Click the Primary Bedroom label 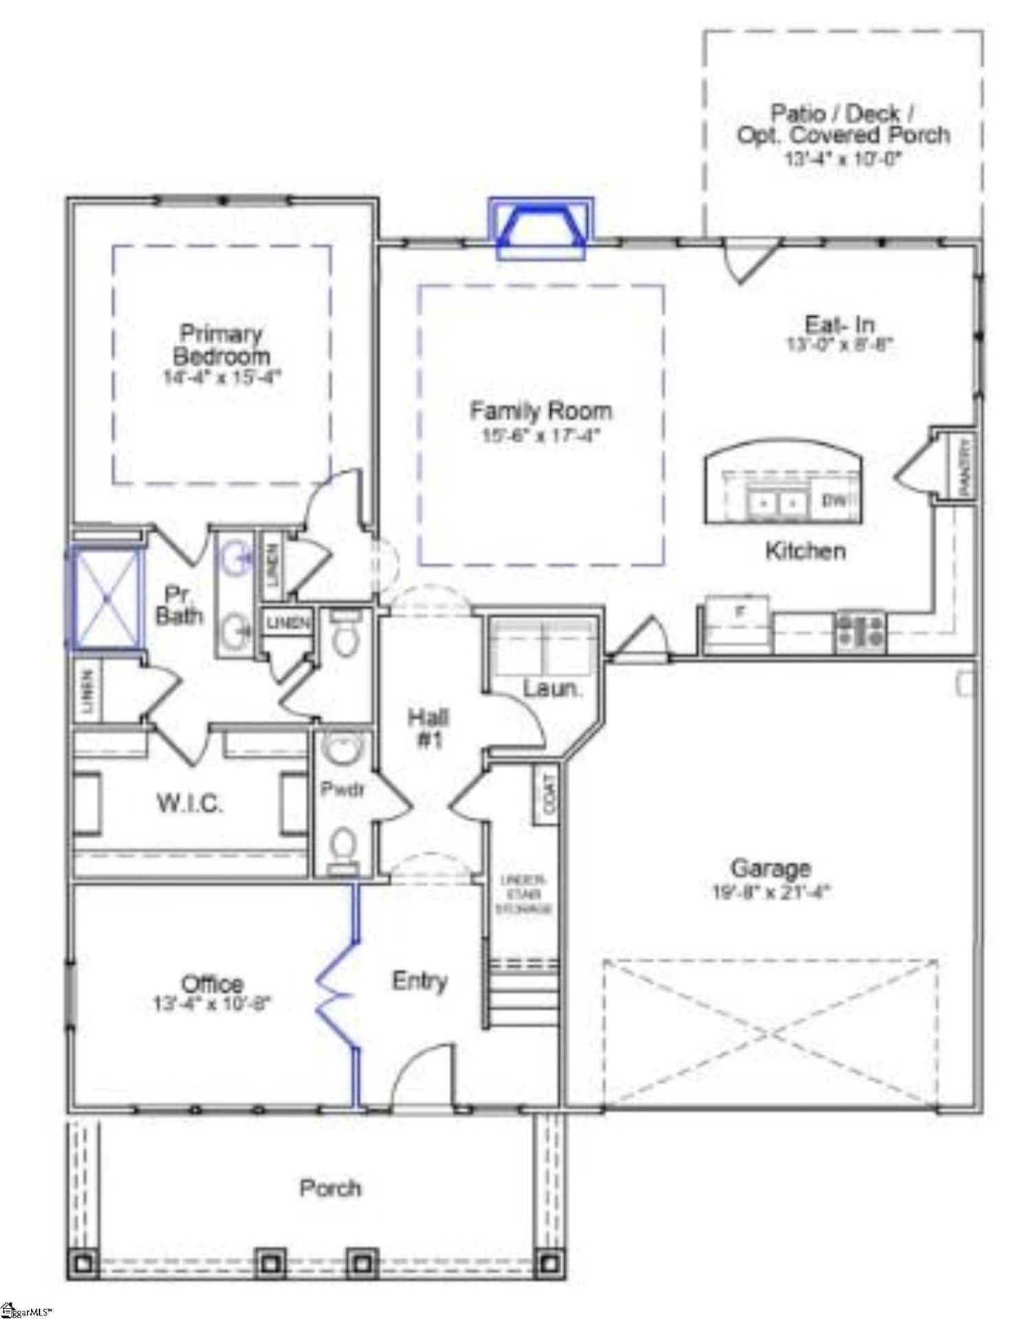[221, 345]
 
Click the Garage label [771, 868]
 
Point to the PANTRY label [965, 466]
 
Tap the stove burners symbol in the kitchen [860, 631]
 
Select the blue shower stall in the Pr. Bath [106, 598]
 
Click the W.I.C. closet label [190, 803]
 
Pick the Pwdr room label [342, 789]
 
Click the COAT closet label [548, 795]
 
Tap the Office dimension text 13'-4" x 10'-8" [213, 1004]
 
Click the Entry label [420, 981]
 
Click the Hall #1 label [429, 728]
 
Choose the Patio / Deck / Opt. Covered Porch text [843, 124]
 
